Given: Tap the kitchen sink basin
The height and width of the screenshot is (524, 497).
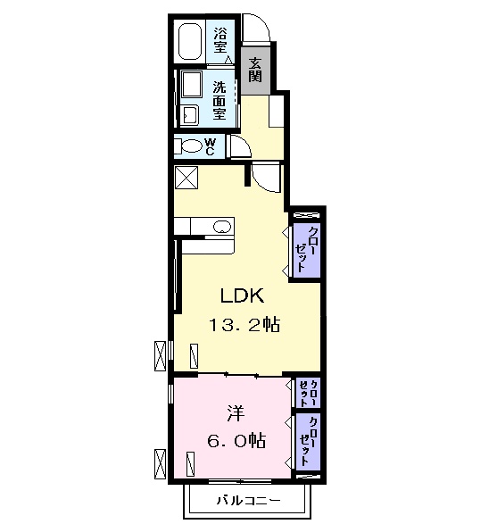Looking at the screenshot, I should pyautogui.click(x=220, y=228).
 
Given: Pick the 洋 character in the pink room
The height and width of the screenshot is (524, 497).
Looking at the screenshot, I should pyautogui.click(x=235, y=413).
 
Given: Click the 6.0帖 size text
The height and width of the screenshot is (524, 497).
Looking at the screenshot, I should pyautogui.click(x=234, y=439).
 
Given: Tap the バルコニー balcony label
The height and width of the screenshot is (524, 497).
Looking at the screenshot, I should pyautogui.click(x=248, y=500).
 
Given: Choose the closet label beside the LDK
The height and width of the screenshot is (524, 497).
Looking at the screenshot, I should pyautogui.click(x=304, y=249).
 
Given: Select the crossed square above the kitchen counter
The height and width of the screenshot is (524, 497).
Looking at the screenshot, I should pyautogui.click(x=186, y=178).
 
